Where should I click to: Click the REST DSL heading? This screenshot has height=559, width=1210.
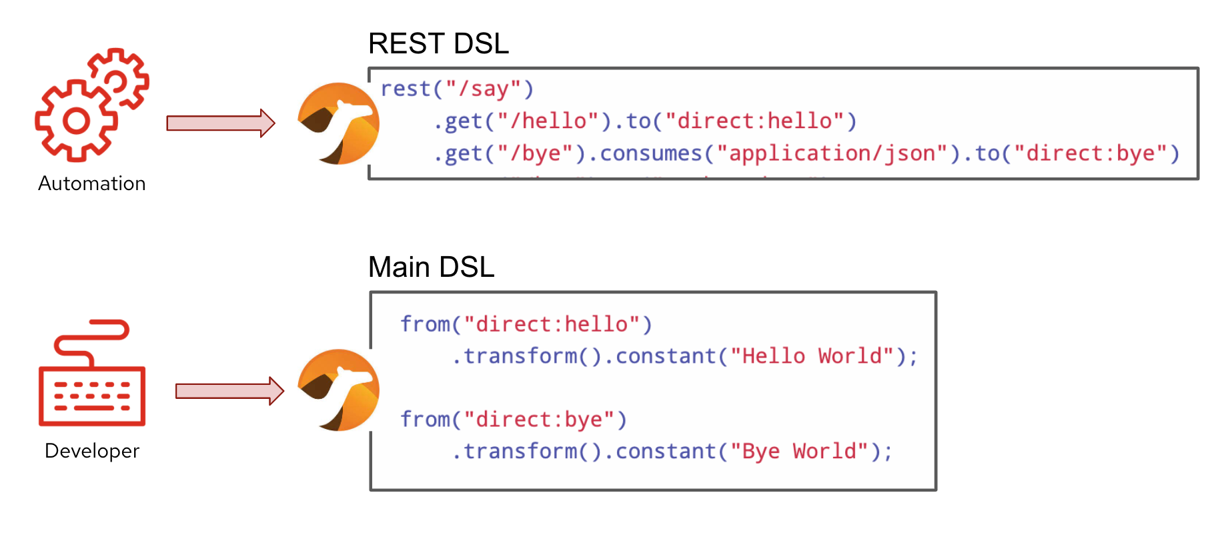(x=438, y=44)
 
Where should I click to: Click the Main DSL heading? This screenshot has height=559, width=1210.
(x=431, y=267)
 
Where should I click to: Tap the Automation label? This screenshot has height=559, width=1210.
(x=92, y=183)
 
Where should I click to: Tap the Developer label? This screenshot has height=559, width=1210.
(x=92, y=451)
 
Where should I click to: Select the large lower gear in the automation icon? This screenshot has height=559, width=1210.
(x=75, y=121)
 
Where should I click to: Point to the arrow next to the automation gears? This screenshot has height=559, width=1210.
(x=220, y=123)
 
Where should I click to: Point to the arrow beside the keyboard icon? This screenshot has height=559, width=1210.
(x=229, y=391)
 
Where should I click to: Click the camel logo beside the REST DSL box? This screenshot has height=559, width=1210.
(x=338, y=124)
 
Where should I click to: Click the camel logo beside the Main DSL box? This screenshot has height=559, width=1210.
(x=338, y=390)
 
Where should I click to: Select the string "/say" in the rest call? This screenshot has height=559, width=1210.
(x=484, y=89)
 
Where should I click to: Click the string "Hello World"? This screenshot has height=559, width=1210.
(x=812, y=356)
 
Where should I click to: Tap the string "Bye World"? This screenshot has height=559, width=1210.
(x=799, y=452)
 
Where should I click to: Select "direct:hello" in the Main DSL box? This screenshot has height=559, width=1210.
(x=552, y=324)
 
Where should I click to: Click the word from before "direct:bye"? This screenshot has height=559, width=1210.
(x=425, y=420)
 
